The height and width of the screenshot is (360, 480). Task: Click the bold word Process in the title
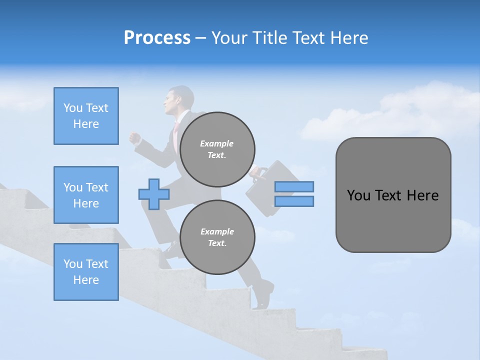pyautogui.click(x=157, y=37)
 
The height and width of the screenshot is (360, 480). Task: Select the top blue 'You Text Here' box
pyautogui.click(x=86, y=116)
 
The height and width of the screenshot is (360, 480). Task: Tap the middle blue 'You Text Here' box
pyautogui.click(x=86, y=195)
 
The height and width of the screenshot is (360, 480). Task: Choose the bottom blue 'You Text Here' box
pyautogui.click(x=86, y=272)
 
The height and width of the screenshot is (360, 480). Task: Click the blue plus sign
pyautogui.click(x=154, y=194)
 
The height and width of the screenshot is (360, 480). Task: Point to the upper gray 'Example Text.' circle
pyautogui.click(x=217, y=149)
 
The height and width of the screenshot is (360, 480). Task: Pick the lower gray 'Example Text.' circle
pyautogui.click(x=217, y=237)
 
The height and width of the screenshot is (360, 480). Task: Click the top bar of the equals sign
pyautogui.click(x=294, y=187)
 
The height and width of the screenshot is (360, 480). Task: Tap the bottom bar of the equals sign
pyautogui.click(x=294, y=201)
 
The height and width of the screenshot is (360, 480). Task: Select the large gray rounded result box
pyautogui.click(x=393, y=195)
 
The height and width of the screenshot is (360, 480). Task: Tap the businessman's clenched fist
pyautogui.click(x=134, y=138)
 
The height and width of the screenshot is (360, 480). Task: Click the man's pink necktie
pyautogui.click(x=176, y=132)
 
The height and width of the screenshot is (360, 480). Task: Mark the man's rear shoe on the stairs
pyautogui.click(x=263, y=295)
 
